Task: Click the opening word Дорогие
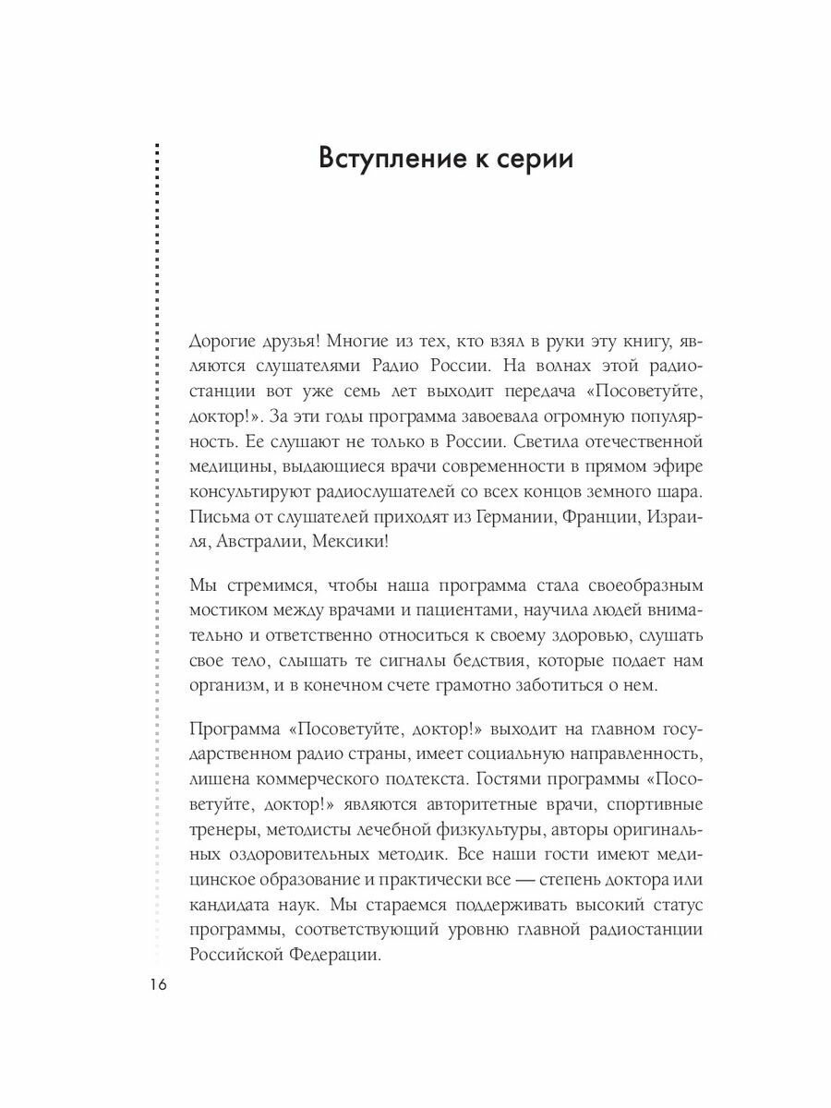(221, 343)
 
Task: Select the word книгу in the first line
(646, 343)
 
